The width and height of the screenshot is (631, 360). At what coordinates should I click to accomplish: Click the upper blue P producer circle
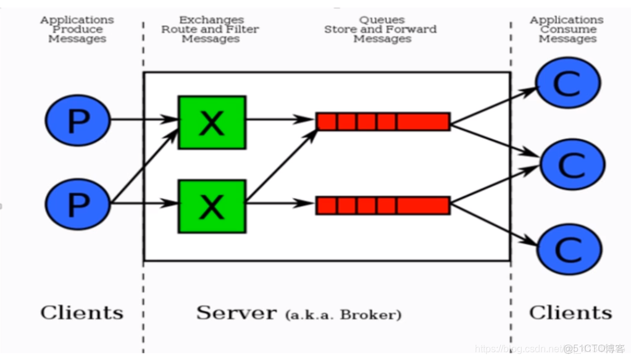pyautogui.click(x=78, y=120)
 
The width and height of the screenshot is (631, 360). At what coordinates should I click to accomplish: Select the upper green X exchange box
pyautogui.click(x=212, y=122)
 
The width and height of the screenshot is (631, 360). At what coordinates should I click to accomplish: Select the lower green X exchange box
pyautogui.click(x=212, y=206)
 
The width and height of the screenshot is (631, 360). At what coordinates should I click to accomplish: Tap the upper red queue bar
pyautogui.click(x=383, y=122)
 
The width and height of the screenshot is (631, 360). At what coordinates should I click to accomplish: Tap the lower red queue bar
pyautogui.click(x=383, y=205)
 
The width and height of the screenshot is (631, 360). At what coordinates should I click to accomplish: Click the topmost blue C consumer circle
pyautogui.click(x=567, y=83)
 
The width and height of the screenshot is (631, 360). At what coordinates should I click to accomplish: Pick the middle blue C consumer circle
pyautogui.click(x=572, y=164)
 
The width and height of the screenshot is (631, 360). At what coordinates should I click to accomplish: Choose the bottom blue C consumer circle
pyautogui.click(x=569, y=249)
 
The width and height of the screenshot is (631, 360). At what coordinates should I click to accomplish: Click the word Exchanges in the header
pyautogui.click(x=211, y=20)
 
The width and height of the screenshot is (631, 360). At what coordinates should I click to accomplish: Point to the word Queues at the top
pyautogui.click(x=382, y=20)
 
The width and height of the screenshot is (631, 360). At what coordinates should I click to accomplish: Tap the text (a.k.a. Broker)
pyautogui.click(x=343, y=315)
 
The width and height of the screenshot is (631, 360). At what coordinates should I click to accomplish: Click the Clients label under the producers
pyautogui.click(x=81, y=312)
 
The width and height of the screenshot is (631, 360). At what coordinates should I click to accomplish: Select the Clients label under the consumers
pyautogui.click(x=570, y=312)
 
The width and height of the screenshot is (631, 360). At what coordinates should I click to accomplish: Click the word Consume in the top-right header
pyautogui.click(x=568, y=30)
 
